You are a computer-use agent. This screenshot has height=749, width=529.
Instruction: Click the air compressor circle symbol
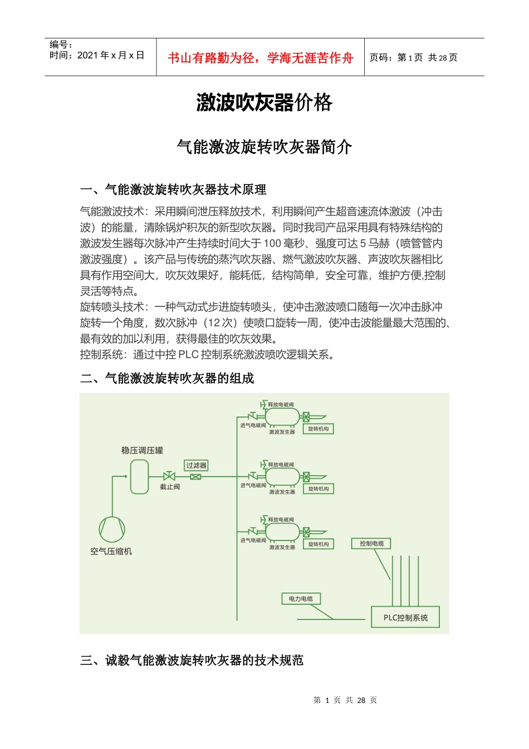(x=112, y=529)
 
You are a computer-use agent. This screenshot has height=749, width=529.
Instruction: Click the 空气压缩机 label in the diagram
(x=111, y=551)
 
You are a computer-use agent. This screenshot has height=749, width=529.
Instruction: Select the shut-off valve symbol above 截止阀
(x=169, y=476)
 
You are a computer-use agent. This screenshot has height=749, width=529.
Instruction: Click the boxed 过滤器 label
(x=196, y=465)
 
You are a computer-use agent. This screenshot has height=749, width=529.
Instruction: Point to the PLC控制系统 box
(x=405, y=617)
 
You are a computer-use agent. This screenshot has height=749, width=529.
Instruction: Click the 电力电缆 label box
(x=301, y=599)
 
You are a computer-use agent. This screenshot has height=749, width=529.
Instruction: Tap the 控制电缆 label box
(x=371, y=543)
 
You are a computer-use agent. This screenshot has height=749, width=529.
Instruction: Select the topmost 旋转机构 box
(x=319, y=429)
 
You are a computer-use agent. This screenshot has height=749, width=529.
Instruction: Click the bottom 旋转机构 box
(x=319, y=544)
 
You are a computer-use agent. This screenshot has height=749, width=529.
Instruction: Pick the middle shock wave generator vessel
(x=282, y=477)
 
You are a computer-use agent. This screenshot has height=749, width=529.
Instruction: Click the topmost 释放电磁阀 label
(x=281, y=405)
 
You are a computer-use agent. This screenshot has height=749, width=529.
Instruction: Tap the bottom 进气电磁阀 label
(x=253, y=541)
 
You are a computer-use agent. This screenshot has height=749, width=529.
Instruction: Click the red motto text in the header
(x=261, y=58)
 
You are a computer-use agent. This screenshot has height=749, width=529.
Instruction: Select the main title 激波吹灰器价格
(x=264, y=103)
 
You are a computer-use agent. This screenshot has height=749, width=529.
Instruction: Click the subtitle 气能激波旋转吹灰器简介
(x=264, y=147)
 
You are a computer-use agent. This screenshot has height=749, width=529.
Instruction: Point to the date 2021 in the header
(x=87, y=55)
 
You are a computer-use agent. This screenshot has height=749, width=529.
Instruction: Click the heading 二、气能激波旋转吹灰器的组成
(x=167, y=378)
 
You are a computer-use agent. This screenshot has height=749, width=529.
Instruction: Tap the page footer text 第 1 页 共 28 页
(x=345, y=700)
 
